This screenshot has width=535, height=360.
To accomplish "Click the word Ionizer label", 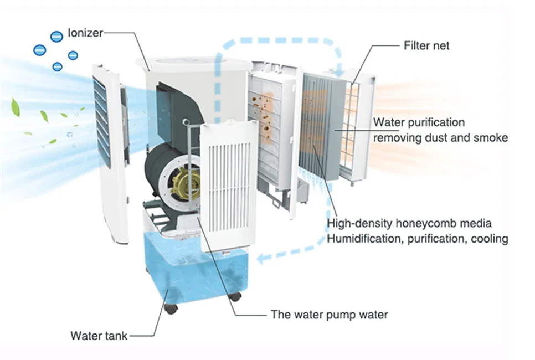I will (85, 33).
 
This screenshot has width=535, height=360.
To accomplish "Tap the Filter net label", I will (426, 45).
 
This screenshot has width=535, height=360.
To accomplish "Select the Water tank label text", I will (99, 336).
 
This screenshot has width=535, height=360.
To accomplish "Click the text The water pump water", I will (329, 315).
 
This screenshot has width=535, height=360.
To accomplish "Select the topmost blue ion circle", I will (56, 37).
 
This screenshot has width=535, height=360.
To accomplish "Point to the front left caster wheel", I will (171, 308).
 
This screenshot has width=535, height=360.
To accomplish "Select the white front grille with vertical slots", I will (228, 186).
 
